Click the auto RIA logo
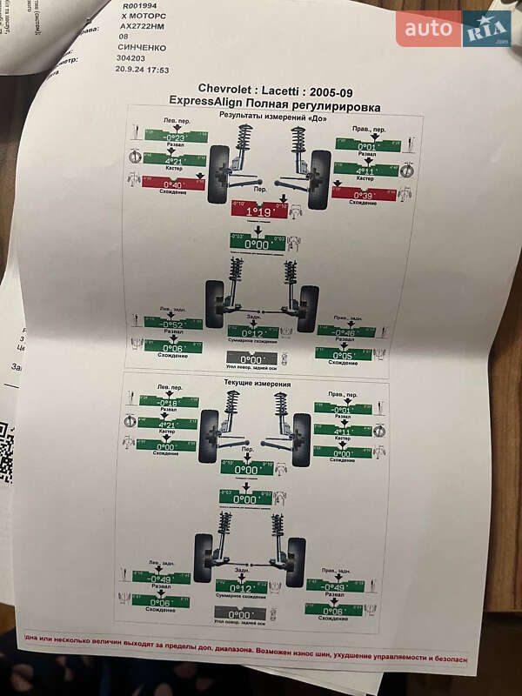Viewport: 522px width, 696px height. [453, 29]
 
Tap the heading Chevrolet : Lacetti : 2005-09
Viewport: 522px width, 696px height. [276, 89]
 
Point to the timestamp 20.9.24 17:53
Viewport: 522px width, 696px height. [144, 70]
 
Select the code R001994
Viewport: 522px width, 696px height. [139, 5]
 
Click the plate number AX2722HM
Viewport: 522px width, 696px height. [144, 26]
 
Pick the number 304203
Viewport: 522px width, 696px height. [133, 59]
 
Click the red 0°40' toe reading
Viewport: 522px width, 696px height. [175, 184]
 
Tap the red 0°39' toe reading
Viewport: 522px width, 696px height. [363, 194]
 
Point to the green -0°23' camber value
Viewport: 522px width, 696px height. [176, 137]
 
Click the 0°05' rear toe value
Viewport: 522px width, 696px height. [343, 355]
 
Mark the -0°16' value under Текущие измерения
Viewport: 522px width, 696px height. [169, 402]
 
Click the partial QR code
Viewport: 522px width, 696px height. [6, 452]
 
